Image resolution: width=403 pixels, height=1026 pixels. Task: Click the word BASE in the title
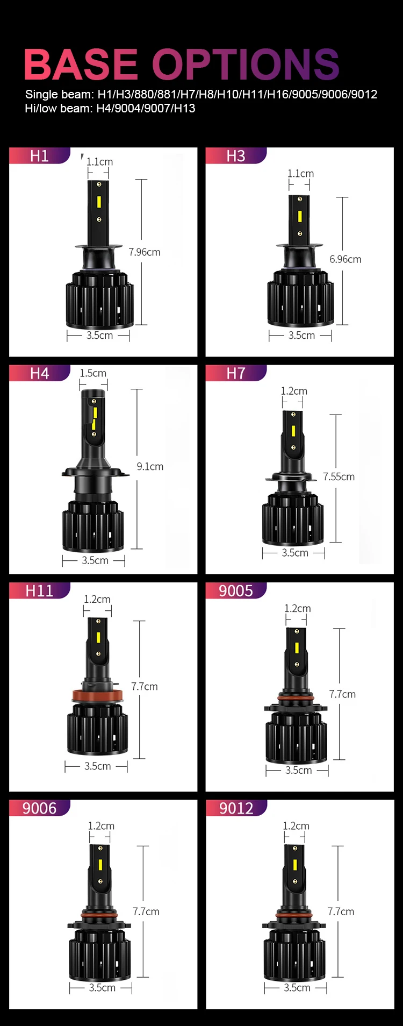[x=81, y=65]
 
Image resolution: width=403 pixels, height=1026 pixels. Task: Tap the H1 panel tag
[x=39, y=156]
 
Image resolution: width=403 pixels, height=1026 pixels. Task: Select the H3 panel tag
[x=236, y=156]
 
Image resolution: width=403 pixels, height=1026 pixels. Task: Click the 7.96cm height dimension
[x=145, y=252]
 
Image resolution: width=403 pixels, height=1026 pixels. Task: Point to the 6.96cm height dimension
[x=345, y=259]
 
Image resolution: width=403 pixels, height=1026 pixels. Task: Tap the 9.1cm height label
[x=150, y=467]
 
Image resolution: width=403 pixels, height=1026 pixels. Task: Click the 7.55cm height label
[x=339, y=477]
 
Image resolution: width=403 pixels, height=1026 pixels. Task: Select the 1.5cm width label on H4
[x=93, y=373]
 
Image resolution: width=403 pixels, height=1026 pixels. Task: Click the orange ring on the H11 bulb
[x=97, y=696]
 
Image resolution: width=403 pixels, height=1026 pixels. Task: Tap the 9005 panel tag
[x=236, y=591]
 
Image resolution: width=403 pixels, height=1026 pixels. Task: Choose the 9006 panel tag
[x=39, y=808]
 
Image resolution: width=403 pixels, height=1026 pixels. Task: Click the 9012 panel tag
[x=236, y=808]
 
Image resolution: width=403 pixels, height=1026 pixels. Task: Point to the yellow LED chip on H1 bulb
[x=99, y=202]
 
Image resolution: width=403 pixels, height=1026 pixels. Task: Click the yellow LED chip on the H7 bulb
[x=293, y=431]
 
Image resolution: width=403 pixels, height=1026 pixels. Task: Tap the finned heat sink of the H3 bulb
[x=300, y=301]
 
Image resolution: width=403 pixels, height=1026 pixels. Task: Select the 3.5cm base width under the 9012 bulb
[x=297, y=988]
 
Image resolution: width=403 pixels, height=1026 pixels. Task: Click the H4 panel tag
[x=39, y=373]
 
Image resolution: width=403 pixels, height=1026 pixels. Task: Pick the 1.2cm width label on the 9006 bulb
[x=101, y=826]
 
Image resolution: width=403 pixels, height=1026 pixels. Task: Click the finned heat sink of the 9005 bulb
[x=296, y=737]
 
